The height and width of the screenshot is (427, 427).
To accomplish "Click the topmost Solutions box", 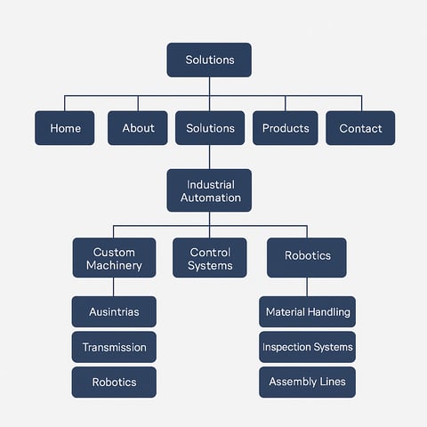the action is [x=209, y=60].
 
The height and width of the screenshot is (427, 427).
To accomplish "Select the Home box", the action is [x=65, y=128].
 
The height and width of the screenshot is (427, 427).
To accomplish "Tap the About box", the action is [x=138, y=128].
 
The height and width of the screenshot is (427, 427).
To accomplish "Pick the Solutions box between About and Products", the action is [x=210, y=128].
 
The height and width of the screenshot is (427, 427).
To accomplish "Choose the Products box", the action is [x=286, y=128].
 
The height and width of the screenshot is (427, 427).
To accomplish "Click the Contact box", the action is [x=360, y=128].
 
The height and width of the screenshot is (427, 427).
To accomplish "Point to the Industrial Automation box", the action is [x=209, y=190].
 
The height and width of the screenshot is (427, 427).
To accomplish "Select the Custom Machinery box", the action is [x=114, y=258].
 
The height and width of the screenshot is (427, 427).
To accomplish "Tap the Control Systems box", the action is [x=210, y=258].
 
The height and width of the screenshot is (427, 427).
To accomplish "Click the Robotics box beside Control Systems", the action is [x=307, y=258].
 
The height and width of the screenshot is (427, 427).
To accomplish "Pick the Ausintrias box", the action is [x=114, y=311].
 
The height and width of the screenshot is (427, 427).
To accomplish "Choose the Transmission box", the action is [x=114, y=347].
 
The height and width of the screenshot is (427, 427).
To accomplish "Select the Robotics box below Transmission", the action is [x=114, y=383].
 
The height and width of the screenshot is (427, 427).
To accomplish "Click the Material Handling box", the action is [x=307, y=311].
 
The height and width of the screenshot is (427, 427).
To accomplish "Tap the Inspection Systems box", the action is [x=307, y=347].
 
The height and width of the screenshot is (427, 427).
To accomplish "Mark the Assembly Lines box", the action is [x=307, y=383].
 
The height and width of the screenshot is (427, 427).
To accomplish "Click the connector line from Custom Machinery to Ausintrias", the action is [x=114, y=287].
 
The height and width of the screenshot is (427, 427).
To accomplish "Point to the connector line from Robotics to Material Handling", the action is [x=307, y=287].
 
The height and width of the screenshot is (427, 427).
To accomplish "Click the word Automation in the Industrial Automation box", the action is [x=211, y=197].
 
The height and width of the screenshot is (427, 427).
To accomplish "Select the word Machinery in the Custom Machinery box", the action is [x=114, y=266].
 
